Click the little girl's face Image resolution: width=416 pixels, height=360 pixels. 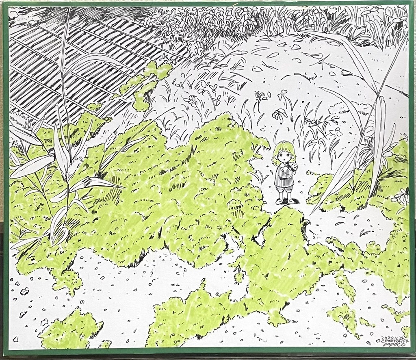click(284, 156)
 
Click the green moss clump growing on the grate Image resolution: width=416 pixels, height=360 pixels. click(148, 81)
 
